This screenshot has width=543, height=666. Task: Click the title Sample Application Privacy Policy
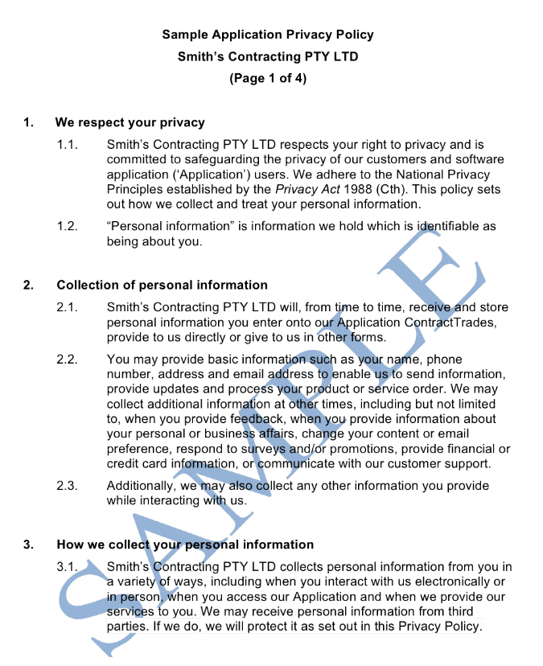point(268,35)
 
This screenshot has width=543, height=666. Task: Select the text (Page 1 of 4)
point(268,79)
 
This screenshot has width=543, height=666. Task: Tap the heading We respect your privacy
point(130,123)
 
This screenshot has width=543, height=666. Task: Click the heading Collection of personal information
point(162,285)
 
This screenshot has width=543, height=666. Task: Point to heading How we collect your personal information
point(185,545)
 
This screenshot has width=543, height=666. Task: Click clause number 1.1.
point(67,145)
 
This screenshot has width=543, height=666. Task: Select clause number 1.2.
point(67,227)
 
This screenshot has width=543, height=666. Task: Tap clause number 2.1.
point(67,307)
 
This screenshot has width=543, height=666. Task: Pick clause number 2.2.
point(67,360)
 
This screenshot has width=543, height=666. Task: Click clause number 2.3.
point(67,486)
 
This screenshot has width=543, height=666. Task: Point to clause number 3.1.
point(67,567)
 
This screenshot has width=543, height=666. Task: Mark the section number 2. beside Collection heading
point(28,285)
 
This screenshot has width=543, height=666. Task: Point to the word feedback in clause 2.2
point(232,419)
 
